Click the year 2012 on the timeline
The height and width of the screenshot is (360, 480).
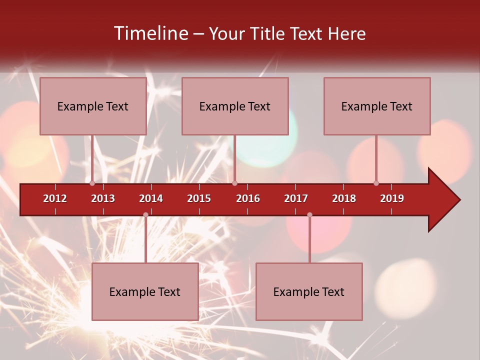[x=55, y=198]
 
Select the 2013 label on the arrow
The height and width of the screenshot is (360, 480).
[x=103, y=198]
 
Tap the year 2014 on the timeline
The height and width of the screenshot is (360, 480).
[x=151, y=198]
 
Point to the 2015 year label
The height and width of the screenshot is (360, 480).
[x=199, y=198]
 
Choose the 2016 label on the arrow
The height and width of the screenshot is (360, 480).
[x=248, y=198]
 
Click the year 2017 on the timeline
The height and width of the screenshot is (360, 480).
[x=296, y=198]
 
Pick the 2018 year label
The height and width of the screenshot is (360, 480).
[x=344, y=198]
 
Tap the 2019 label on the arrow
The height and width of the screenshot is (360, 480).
[x=392, y=198]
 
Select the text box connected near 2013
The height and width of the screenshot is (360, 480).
[x=93, y=106]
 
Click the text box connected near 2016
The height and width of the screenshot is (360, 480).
[x=235, y=106]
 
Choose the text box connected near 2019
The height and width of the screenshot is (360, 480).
[x=377, y=106]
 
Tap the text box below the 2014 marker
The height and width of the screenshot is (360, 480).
[x=145, y=291]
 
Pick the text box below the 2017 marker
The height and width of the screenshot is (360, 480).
[x=309, y=291]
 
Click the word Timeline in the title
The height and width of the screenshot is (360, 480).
[x=150, y=33]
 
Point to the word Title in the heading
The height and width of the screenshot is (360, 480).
[x=267, y=33]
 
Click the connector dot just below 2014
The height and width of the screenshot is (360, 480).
[x=145, y=214]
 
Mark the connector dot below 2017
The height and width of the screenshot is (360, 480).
[x=309, y=214]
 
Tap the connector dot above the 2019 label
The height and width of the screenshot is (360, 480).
[x=376, y=183]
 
